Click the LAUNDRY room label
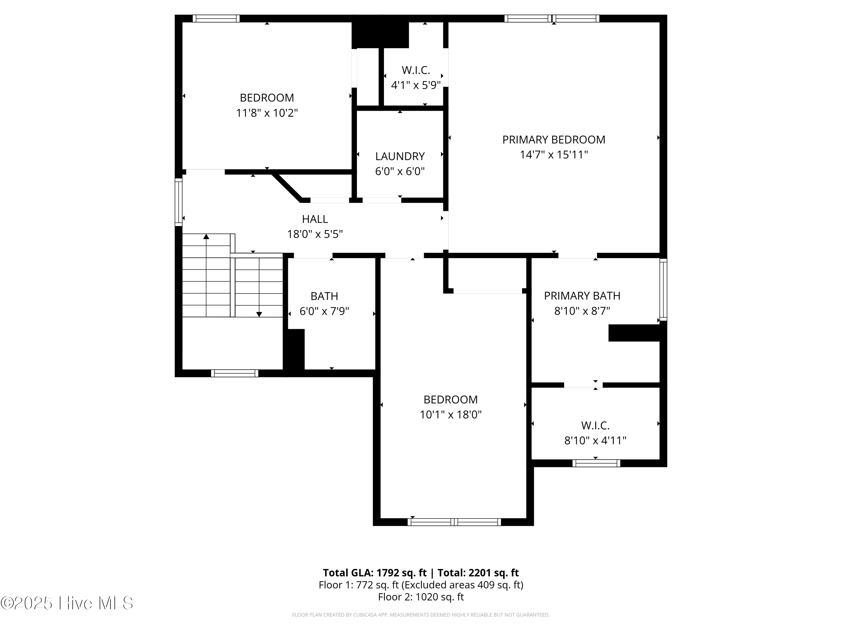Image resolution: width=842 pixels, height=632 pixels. (x=400, y=156)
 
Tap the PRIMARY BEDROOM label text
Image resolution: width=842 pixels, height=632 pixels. (x=553, y=140)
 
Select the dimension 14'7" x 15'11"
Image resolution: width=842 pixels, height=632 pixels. (x=553, y=155)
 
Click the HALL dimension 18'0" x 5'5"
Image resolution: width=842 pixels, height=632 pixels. (x=315, y=234)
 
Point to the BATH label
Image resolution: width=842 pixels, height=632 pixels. (x=324, y=296)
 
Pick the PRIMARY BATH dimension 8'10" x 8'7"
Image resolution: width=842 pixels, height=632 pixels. (x=582, y=311)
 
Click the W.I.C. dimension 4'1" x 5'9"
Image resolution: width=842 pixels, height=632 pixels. (x=415, y=85)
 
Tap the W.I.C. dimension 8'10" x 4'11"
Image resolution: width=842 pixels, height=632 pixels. (x=595, y=440)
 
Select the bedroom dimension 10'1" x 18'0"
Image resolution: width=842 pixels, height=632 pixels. (x=450, y=415)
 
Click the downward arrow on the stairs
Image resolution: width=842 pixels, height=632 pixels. (x=259, y=314)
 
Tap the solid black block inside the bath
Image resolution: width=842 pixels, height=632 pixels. (x=294, y=350)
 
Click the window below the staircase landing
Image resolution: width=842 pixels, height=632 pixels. (x=234, y=373)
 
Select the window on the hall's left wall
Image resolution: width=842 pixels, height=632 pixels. (x=178, y=202)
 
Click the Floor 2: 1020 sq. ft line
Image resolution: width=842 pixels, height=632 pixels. (x=421, y=597)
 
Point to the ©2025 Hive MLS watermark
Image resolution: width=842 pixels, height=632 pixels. (x=67, y=603)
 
